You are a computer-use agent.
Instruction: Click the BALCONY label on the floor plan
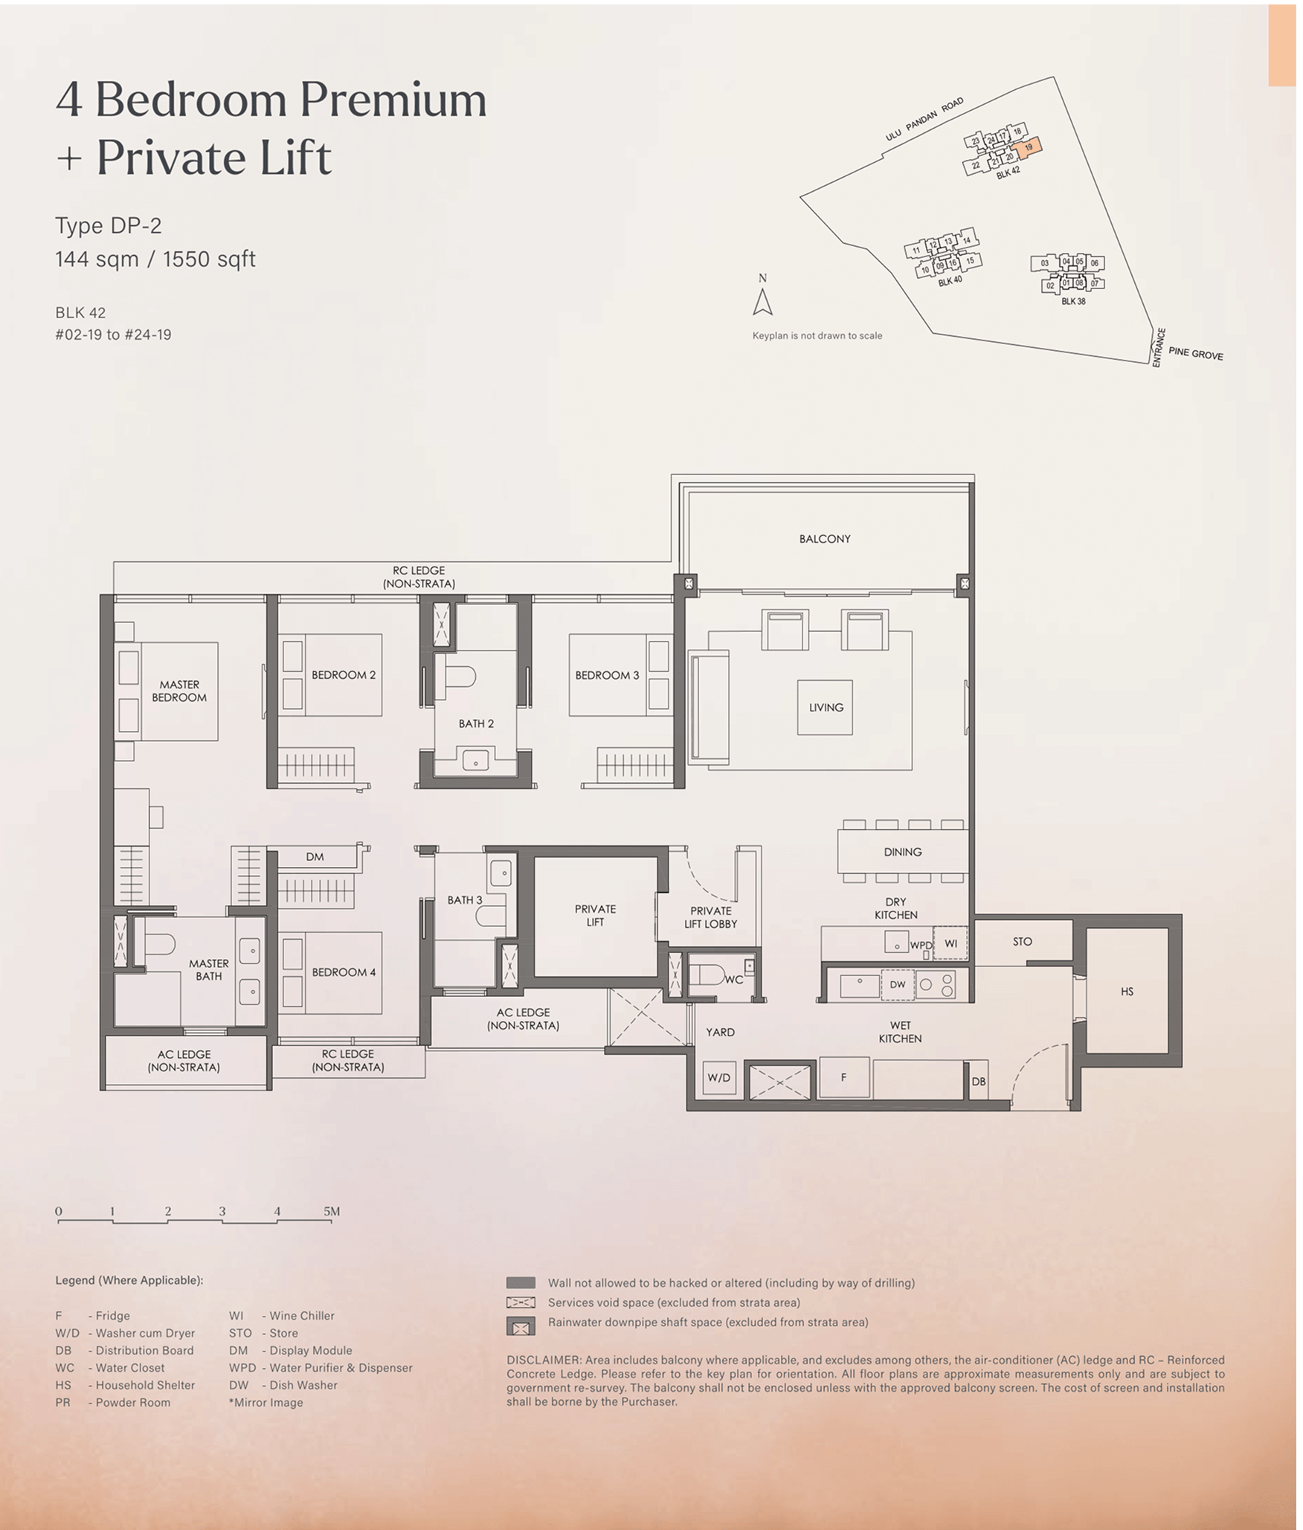click(825, 539)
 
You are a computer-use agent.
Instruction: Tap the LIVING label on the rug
click(826, 708)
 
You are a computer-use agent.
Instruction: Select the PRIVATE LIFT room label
click(595, 915)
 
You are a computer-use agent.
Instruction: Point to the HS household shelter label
click(1127, 992)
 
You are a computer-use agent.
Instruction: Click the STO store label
click(1023, 942)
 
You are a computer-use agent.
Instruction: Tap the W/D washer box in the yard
click(719, 1077)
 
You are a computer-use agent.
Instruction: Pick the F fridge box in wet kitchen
click(844, 1077)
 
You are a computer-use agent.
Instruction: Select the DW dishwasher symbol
click(898, 985)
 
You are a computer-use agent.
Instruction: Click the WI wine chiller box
click(950, 943)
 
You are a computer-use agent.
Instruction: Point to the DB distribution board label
click(979, 1082)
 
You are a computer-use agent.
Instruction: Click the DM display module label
click(315, 857)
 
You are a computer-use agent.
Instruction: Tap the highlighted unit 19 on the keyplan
click(1029, 147)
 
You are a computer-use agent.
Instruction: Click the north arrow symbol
click(762, 302)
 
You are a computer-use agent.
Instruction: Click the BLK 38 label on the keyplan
click(1073, 302)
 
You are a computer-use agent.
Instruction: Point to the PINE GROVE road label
click(1195, 354)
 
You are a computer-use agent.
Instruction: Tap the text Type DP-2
click(109, 226)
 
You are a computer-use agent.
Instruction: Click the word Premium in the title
click(393, 100)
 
